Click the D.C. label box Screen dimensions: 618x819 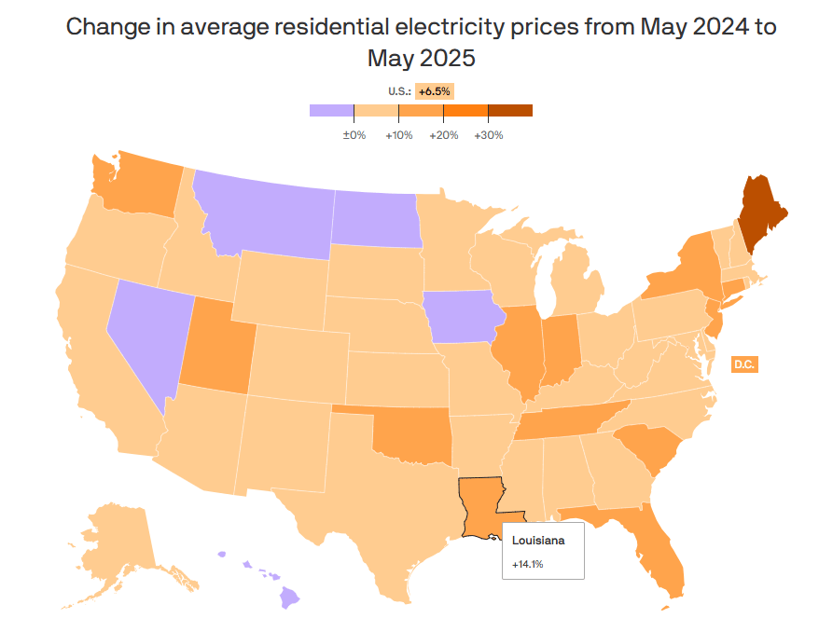pyautogui.click(x=743, y=364)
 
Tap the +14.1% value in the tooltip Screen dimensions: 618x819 pyautogui.click(x=528, y=564)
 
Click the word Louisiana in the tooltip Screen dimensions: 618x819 pyautogui.click(x=538, y=540)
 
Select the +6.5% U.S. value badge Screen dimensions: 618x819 pyautogui.click(x=434, y=91)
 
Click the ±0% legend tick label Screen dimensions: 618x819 pyautogui.click(x=354, y=135)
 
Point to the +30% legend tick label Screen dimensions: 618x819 pyautogui.click(x=489, y=135)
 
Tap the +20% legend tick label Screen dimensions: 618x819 pyautogui.click(x=443, y=135)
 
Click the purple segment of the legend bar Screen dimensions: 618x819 pyautogui.click(x=331, y=110)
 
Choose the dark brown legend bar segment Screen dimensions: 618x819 pyautogui.click(x=510, y=110)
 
